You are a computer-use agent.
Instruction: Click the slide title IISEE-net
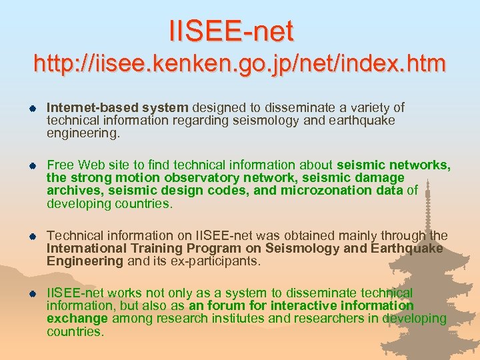(231, 30)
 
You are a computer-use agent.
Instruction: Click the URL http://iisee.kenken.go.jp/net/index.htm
(239, 64)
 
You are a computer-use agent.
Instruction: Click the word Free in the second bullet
(60, 165)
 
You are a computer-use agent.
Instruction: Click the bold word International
(86, 249)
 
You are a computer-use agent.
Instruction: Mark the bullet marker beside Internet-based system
(31, 108)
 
